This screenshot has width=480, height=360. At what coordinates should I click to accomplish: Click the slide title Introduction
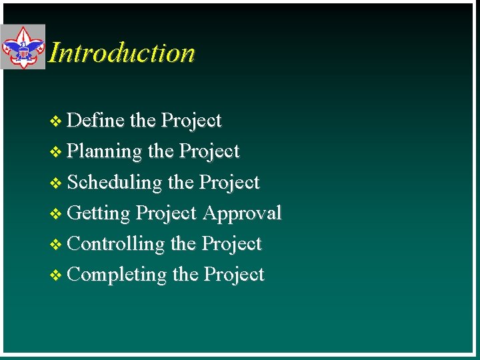[122, 53]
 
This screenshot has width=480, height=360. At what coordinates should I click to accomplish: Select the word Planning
[105, 152]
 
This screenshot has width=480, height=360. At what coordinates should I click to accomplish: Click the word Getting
[99, 213]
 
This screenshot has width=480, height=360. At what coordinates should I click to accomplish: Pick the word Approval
[242, 213]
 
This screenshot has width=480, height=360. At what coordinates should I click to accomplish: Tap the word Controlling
[116, 244]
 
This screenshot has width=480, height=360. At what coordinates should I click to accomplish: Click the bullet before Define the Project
[56, 122]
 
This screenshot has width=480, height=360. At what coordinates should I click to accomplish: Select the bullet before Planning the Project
[56, 153]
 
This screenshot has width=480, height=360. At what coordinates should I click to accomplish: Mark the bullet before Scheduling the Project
[56, 183]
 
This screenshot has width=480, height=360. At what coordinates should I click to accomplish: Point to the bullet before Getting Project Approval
[56, 214]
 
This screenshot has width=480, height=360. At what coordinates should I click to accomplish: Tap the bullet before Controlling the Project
[56, 245]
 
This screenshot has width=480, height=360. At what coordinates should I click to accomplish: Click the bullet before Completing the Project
[56, 275]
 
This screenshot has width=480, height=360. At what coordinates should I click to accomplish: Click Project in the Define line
[191, 121]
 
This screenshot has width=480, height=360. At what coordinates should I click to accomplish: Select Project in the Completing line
[233, 275]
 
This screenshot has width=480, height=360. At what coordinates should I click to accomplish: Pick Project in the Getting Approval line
[166, 213]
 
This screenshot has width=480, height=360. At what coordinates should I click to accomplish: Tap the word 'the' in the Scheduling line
[181, 183]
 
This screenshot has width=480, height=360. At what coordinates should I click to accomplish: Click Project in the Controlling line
[231, 244]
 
